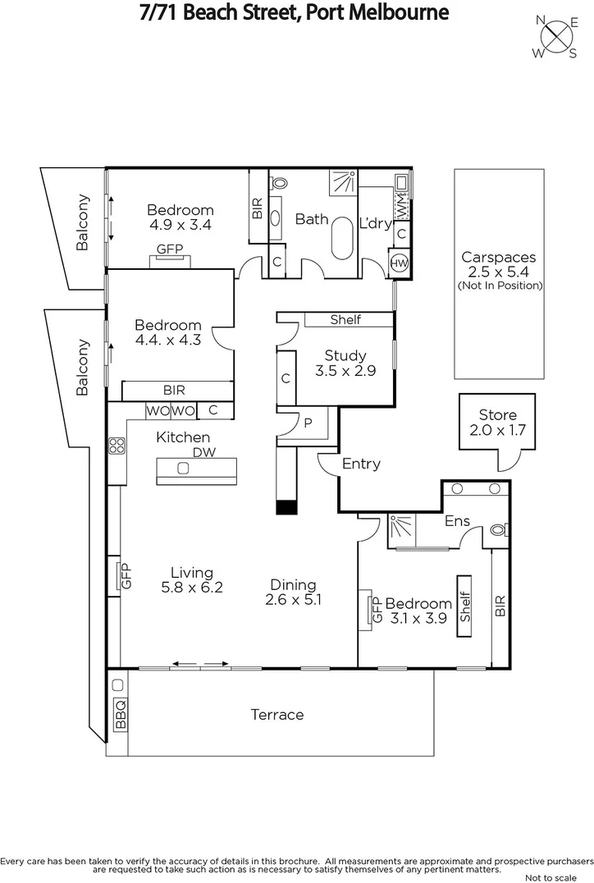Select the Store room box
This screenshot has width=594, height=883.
pyautogui.click(x=497, y=422)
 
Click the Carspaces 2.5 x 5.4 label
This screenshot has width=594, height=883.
pyautogui.click(x=499, y=263)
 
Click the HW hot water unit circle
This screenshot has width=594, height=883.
pyautogui.click(x=399, y=263)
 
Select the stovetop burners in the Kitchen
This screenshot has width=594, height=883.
pyautogui.click(x=117, y=446)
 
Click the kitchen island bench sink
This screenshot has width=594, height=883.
pyautogui.click(x=183, y=469)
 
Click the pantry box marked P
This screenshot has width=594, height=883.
pyautogui.click(x=308, y=422)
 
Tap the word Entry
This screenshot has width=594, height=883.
pyautogui.click(x=361, y=464)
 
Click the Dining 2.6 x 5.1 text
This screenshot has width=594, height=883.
pyautogui.click(x=293, y=592)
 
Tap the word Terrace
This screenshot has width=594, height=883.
pyautogui.click(x=276, y=715)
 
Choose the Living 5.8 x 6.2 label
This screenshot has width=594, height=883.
pyautogui.click(x=191, y=580)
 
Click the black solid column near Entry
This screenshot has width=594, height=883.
pyautogui.click(x=286, y=508)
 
